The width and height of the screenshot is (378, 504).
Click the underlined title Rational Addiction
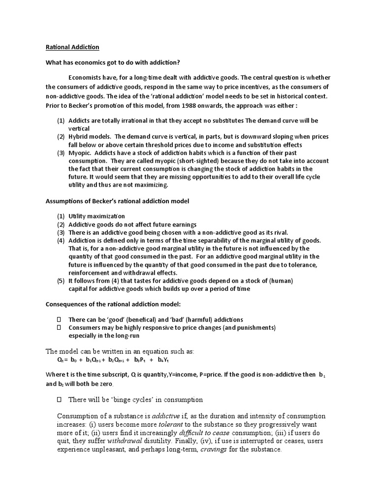(x=72, y=47)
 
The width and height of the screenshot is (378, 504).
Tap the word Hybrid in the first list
(x=79, y=137)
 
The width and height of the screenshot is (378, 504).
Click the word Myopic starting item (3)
(x=79, y=153)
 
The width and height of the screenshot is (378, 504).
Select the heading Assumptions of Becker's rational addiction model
(x=117, y=201)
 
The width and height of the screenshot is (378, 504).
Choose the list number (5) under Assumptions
(x=61, y=281)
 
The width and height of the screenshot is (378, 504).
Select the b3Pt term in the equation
(x=140, y=360)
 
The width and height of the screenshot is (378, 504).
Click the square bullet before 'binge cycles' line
(x=60, y=399)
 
